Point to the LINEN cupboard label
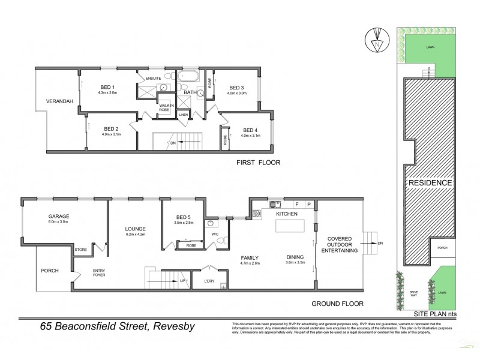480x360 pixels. pyautogui.click(x=184, y=114)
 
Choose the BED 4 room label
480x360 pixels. pyautogui.click(x=250, y=130)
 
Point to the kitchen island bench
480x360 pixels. pyautogui.click(x=289, y=226)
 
